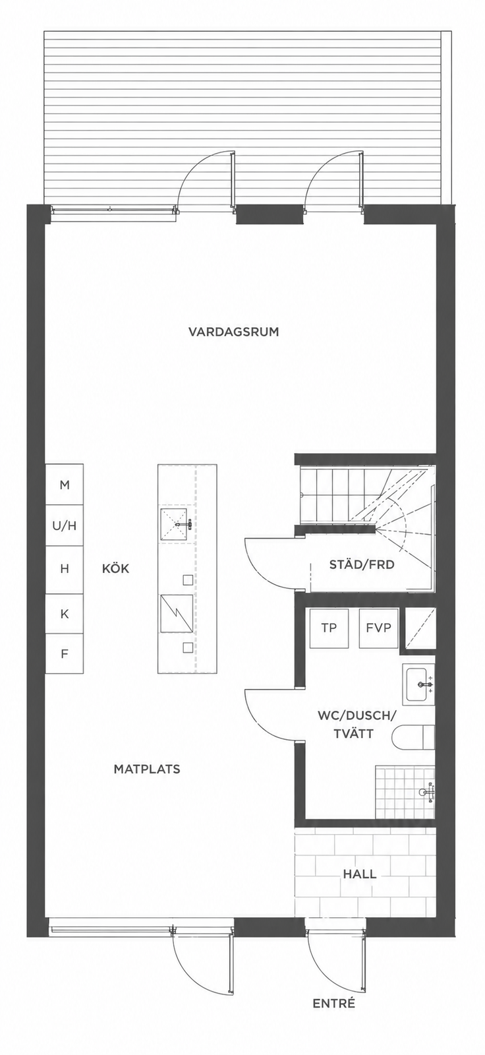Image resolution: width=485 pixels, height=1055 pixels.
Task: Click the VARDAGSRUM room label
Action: click(233, 332)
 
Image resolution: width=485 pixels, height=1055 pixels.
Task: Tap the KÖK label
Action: click(115, 568)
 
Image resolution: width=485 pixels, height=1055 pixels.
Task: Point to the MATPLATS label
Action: click(147, 769)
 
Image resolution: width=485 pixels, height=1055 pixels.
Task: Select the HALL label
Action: click(360, 874)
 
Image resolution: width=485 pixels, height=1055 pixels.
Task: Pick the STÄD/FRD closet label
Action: click(362, 564)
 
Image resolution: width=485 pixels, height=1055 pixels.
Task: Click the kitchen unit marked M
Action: click(65, 485)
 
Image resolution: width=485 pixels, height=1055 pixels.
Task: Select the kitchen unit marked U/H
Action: click(65, 526)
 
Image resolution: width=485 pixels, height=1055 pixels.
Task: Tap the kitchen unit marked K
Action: click(65, 614)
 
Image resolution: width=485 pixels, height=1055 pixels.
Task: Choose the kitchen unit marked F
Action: click(65, 653)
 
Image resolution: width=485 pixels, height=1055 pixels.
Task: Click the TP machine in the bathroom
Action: click(329, 628)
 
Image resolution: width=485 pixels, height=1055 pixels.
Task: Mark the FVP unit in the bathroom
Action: click(379, 628)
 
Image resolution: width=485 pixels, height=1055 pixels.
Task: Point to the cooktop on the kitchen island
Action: click(177, 614)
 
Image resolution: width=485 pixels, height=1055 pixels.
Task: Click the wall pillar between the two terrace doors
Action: click(268, 214)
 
